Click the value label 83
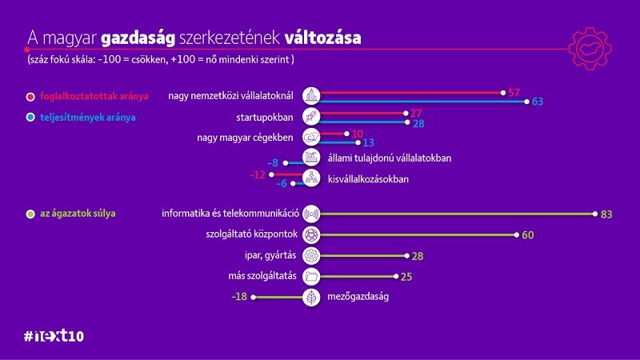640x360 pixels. pos(606,214)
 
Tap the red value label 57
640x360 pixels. pos(514,94)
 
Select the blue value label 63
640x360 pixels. pos(538,102)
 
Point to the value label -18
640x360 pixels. pos(238,297)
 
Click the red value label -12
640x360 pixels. pos(257,174)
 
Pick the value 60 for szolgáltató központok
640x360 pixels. pos(527,235)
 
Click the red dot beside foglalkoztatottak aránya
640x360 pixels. pos(30,97)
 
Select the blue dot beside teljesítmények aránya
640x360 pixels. pos(30,118)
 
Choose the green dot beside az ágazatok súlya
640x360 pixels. pos(30,214)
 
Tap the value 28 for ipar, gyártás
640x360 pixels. pos(417,256)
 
